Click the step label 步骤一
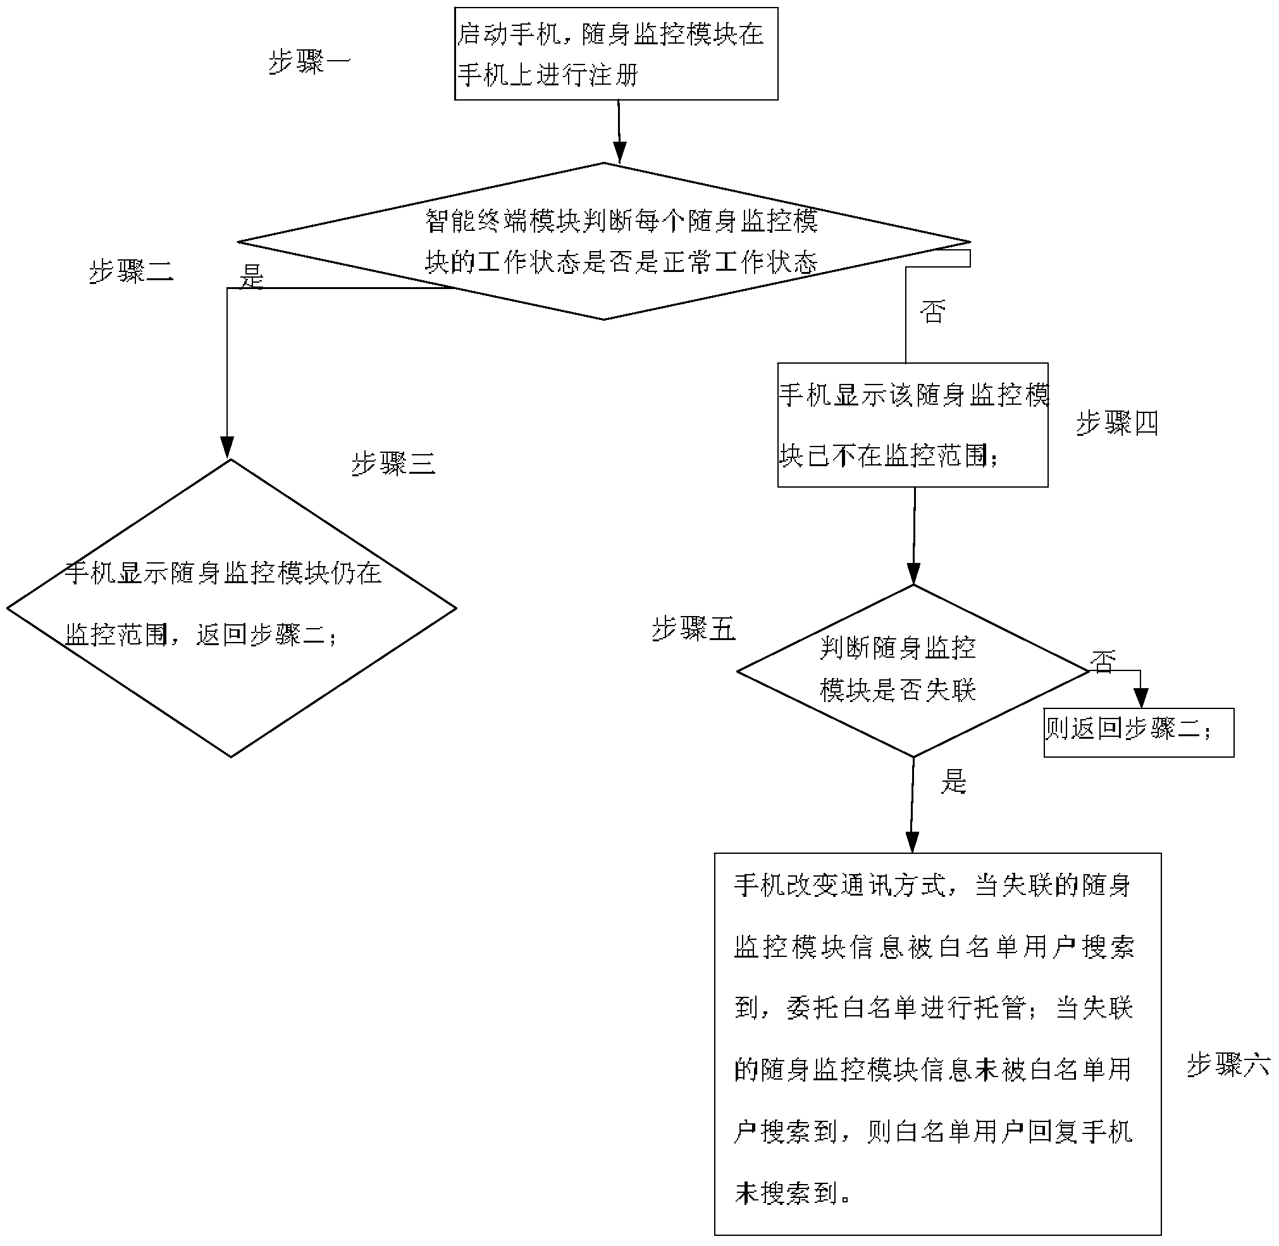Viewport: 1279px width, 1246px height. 309,63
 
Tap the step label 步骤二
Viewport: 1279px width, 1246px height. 131,271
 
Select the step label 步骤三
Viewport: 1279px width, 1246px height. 393,464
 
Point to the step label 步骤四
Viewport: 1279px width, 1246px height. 1117,423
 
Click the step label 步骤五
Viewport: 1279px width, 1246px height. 694,629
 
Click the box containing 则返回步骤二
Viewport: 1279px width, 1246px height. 1139,732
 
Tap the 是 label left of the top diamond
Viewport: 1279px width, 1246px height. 251,277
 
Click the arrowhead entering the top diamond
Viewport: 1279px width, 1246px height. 619,152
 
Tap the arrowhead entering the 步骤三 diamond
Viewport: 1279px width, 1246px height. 227,448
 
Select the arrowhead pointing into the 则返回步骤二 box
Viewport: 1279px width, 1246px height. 1141,698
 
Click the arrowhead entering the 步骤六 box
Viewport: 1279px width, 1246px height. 911,842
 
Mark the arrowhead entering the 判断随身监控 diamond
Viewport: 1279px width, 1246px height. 913,574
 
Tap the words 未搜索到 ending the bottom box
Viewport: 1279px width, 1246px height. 786,1193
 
